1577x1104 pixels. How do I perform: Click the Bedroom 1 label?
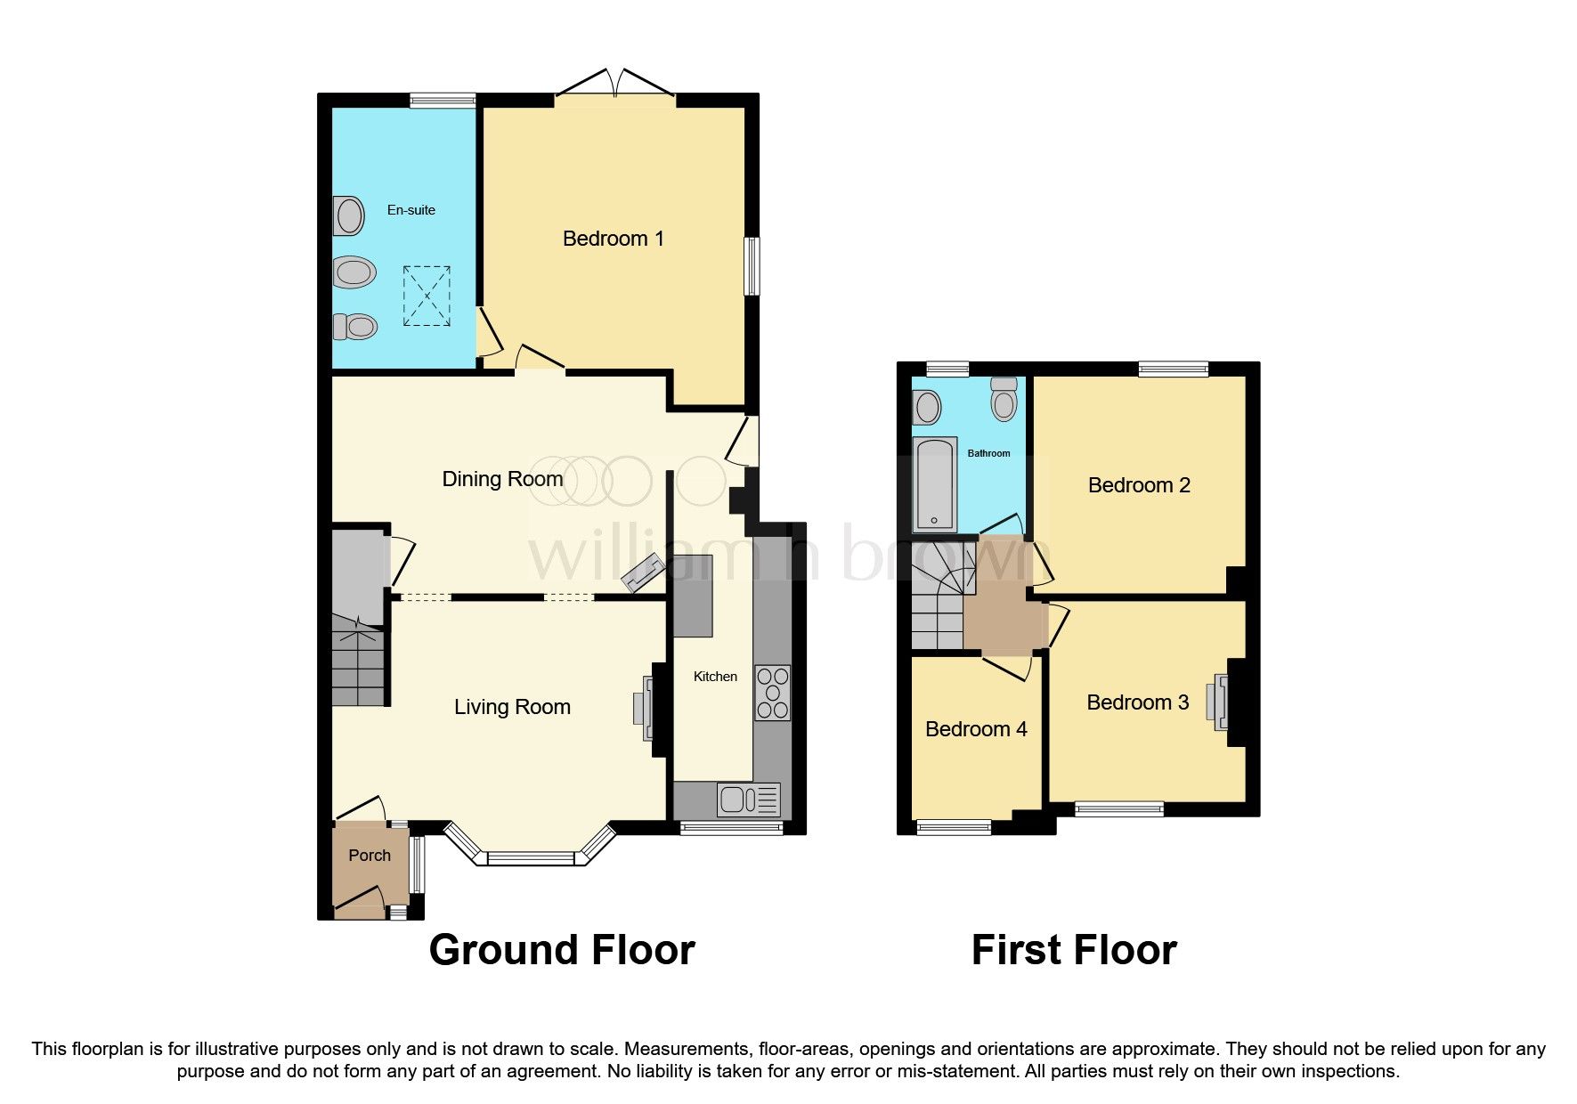613,239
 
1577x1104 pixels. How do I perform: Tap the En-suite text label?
411,210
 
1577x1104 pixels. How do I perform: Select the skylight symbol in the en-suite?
427,296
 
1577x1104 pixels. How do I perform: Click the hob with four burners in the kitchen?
772,693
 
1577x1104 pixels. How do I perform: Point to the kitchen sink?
748,800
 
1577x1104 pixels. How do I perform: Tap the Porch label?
369,856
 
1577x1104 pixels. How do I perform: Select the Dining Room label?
502,479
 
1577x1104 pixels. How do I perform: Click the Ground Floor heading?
561,950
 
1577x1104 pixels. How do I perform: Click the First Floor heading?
1073,950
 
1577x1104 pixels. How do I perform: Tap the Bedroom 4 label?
976,729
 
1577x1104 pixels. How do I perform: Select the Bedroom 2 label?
1138,485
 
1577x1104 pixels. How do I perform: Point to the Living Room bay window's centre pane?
532,858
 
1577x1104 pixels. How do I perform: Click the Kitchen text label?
715,677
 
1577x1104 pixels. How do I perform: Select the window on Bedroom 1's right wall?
752,265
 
